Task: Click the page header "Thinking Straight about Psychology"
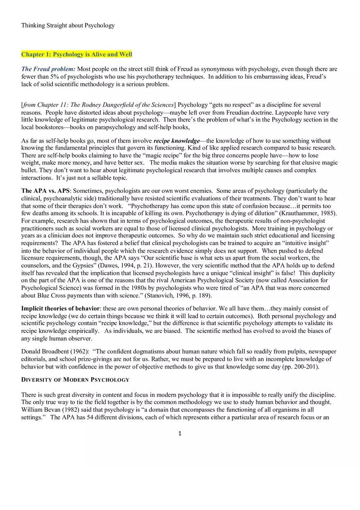68,25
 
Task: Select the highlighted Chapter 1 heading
76,54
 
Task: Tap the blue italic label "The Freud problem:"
48,69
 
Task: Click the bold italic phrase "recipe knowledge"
176,141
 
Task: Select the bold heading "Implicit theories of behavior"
60,308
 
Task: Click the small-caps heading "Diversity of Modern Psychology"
75,380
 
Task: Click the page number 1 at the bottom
180,434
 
